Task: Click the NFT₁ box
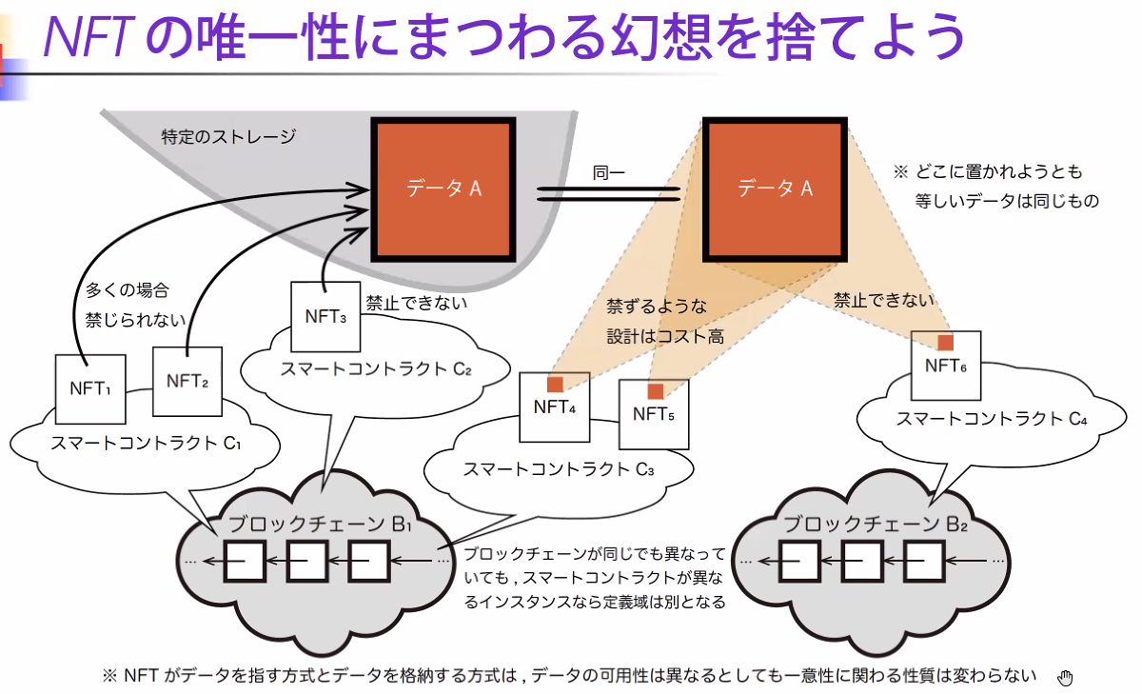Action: [x=91, y=388]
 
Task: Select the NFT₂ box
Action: [x=187, y=382]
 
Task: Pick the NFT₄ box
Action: [x=554, y=407]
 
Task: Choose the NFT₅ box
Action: [x=654, y=414]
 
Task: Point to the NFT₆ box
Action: [x=946, y=365]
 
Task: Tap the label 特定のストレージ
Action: [x=228, y=137]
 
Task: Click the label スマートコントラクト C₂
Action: [x=377, y=369]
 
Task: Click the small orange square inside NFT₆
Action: [x=945, y=342]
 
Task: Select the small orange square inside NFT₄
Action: [x=554, y=385]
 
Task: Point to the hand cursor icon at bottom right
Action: [x=1066, y=677]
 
